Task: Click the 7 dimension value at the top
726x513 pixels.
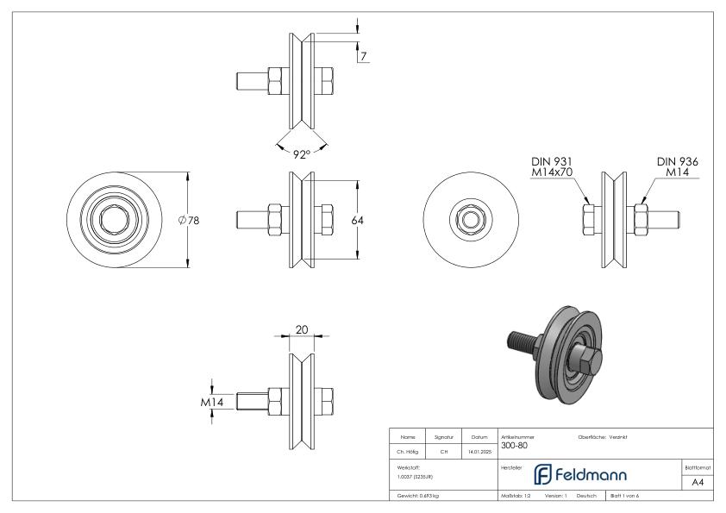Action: point(364,57)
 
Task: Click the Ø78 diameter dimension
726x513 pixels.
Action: point(188,221)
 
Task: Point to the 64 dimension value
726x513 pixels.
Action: point(357,221)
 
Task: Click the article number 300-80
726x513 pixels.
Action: point(513,446)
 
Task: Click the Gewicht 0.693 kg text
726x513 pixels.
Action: point(417,497)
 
